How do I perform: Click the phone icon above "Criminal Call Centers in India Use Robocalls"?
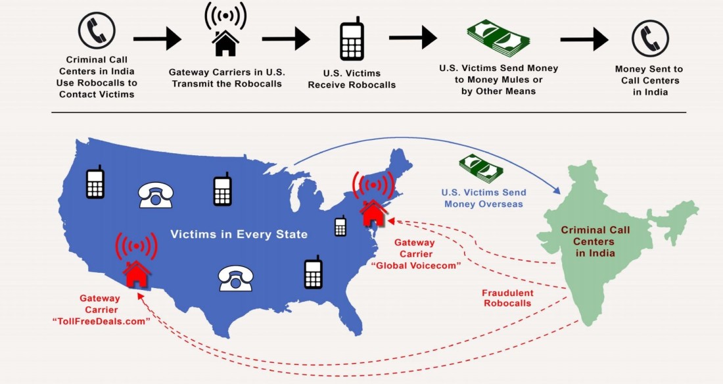(x=97, y=31)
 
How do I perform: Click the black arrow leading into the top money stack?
(x=413, y=37)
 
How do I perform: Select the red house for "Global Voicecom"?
(x=373, y=211)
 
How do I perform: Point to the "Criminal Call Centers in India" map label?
(x=595, y=241)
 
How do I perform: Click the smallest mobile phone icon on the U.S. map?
(x=340, y=226)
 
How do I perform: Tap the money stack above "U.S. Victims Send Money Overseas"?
(x=480, y=168)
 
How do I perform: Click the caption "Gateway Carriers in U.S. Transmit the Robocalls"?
(x=225, y=78)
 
